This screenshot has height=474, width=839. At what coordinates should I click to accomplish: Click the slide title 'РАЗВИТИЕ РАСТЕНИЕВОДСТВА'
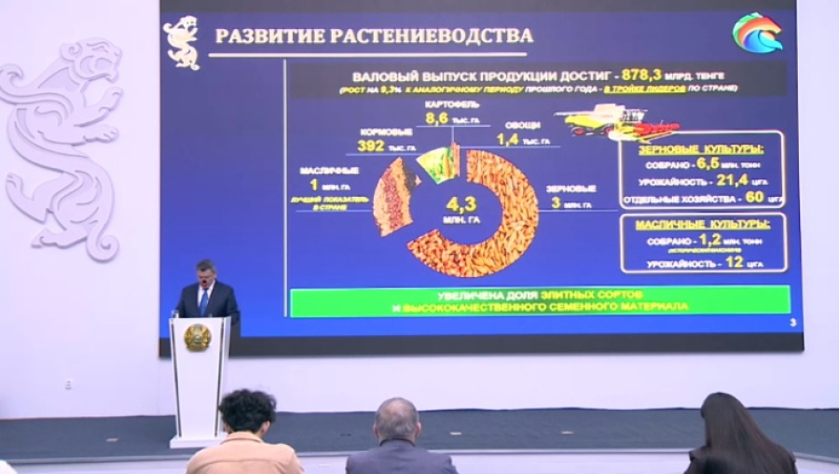(374, 36)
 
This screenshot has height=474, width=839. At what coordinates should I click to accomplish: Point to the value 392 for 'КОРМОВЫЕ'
(371, 146)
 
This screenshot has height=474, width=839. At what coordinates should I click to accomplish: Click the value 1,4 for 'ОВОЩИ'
(507, 140)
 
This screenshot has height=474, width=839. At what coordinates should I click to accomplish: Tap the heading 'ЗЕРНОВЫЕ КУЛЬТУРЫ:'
(699, 149)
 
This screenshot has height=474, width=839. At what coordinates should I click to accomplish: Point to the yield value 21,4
(728, 181)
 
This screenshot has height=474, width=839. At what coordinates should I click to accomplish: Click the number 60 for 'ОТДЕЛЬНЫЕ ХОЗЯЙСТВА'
(754, 198)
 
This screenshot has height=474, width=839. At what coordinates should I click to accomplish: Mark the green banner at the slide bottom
(540, 300)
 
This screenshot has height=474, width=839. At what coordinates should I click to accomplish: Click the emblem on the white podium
(197, 338)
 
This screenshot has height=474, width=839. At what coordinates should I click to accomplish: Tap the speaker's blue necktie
(204, 301)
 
